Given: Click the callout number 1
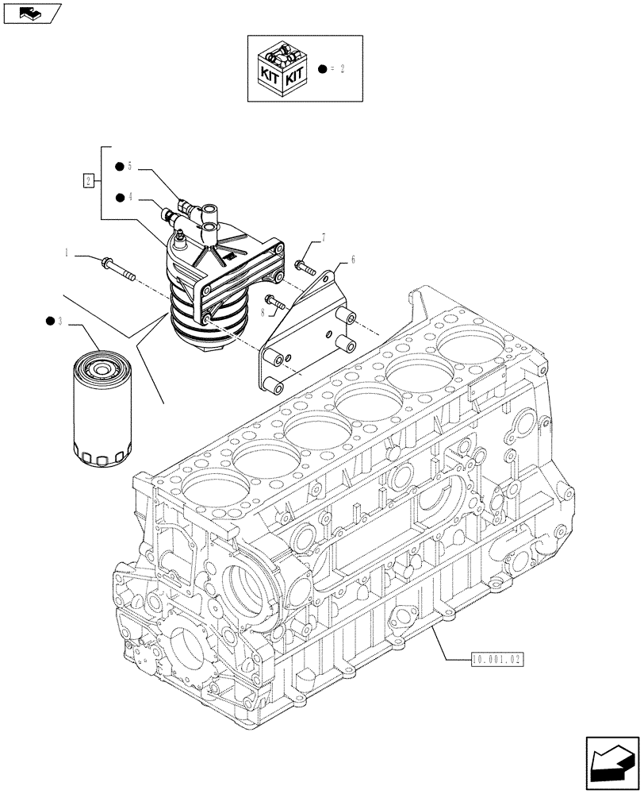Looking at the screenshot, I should pos(67,252).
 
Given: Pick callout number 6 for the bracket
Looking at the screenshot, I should pos(351,260).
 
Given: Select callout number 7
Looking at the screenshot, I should pos(324,237).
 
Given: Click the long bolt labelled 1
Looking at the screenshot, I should pos(119,268).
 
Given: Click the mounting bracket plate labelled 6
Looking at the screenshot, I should pos(305,333).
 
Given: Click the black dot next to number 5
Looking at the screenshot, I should pos(118,167).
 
